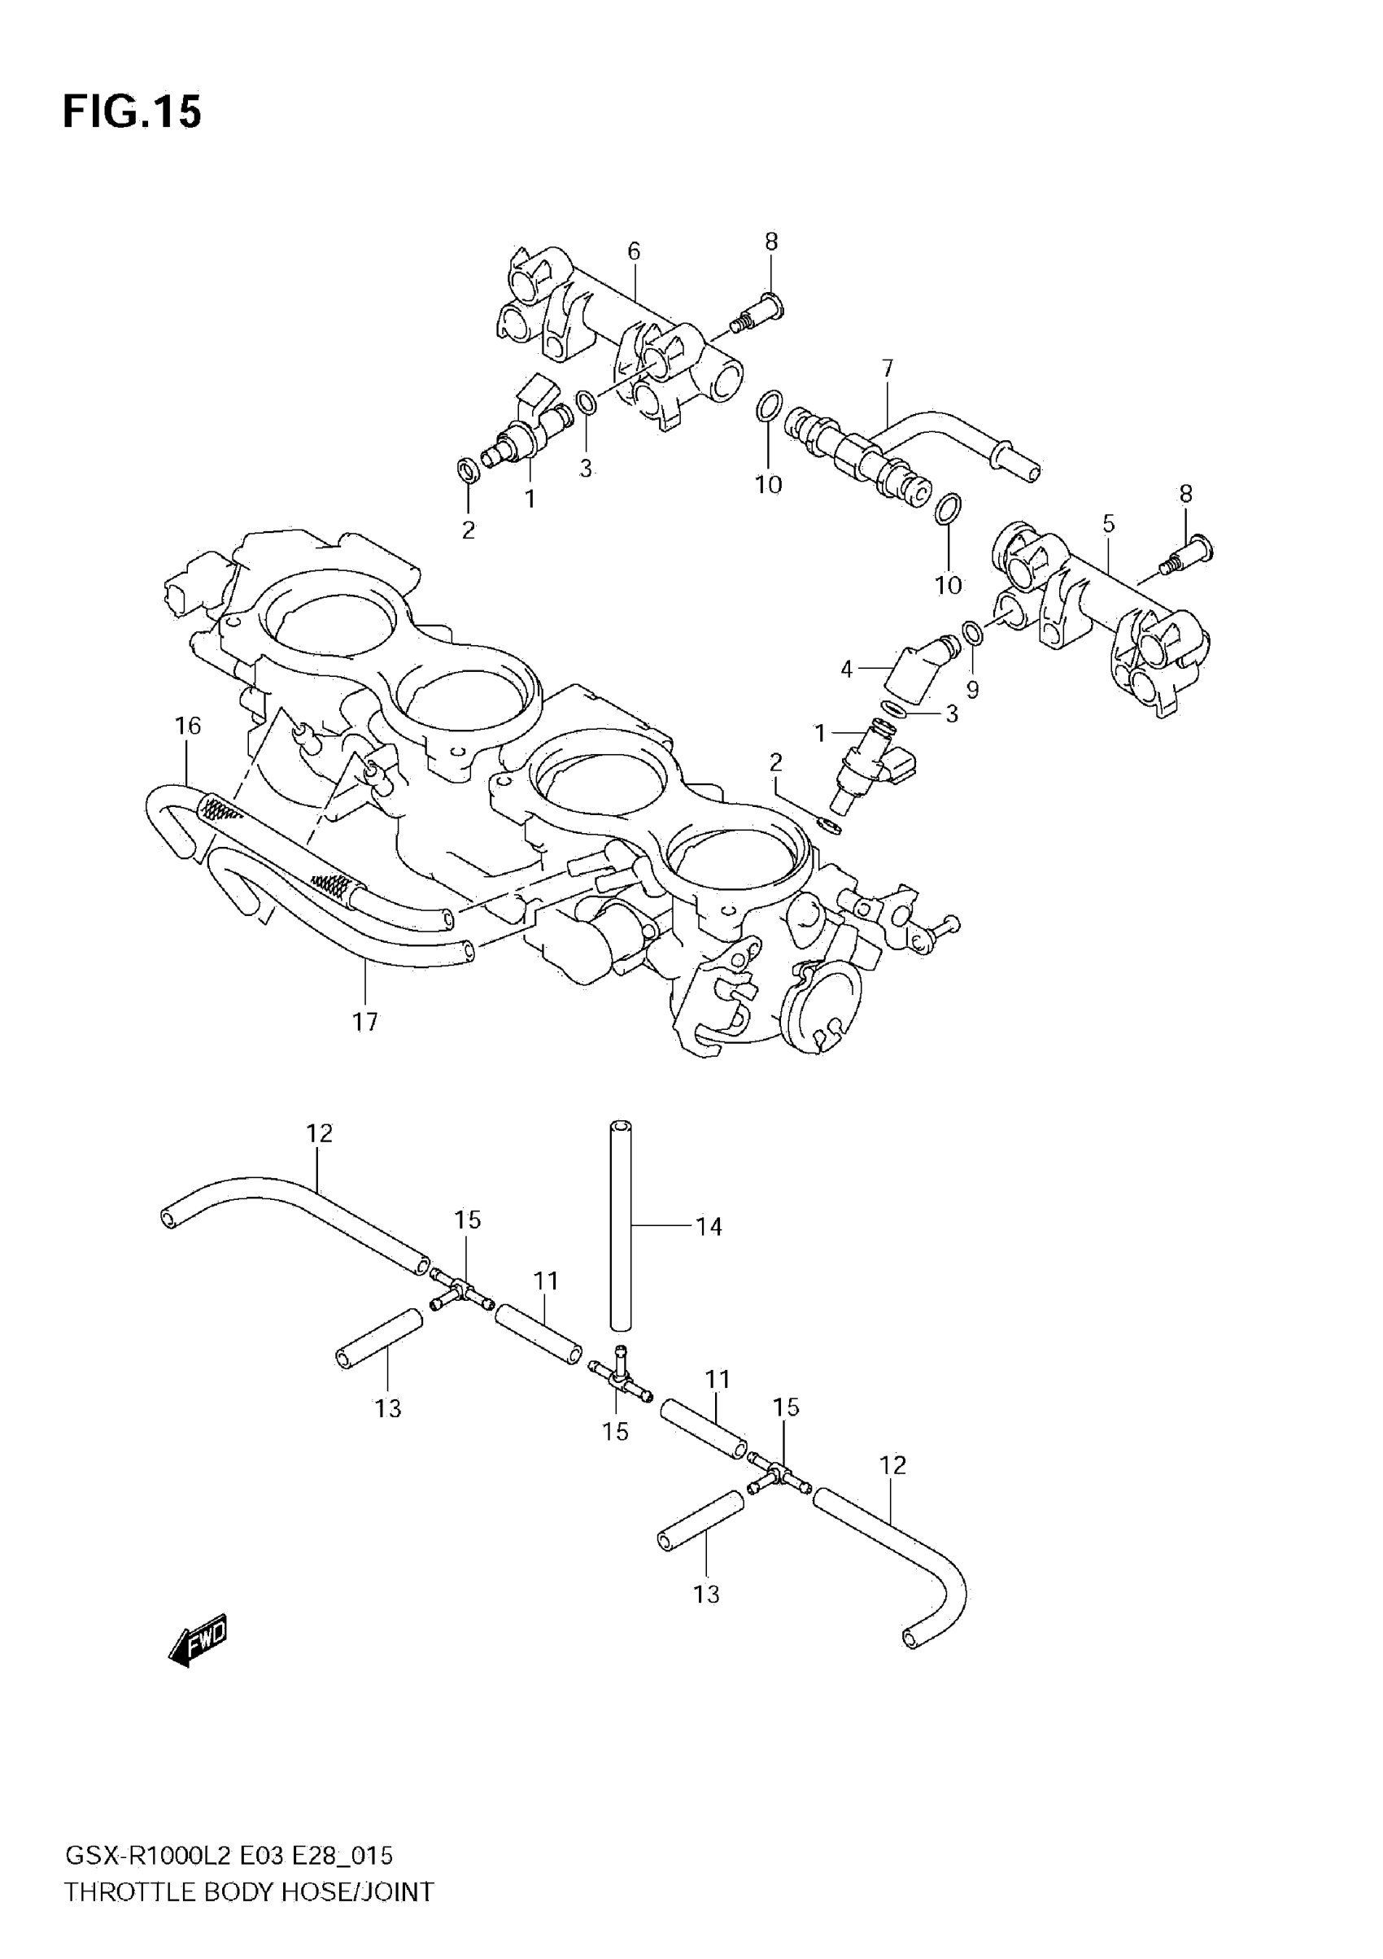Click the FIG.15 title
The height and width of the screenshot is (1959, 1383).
[x=133, y=111]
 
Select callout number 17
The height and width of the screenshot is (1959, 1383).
[x=365, y=1021]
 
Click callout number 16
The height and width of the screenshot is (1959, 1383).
[x=188, y=726]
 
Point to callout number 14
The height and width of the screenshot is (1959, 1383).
[x=709, y=1226]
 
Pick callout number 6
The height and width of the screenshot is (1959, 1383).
[x=633, y=251]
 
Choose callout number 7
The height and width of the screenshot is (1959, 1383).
[x=888, y=369]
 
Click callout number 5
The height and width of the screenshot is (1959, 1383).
[x=1108, y=523]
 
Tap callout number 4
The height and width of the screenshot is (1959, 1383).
[x=846, y=670]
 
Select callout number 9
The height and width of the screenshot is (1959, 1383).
[x=972, y=689]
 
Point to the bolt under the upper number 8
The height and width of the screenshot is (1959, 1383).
[x=758, y=312]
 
